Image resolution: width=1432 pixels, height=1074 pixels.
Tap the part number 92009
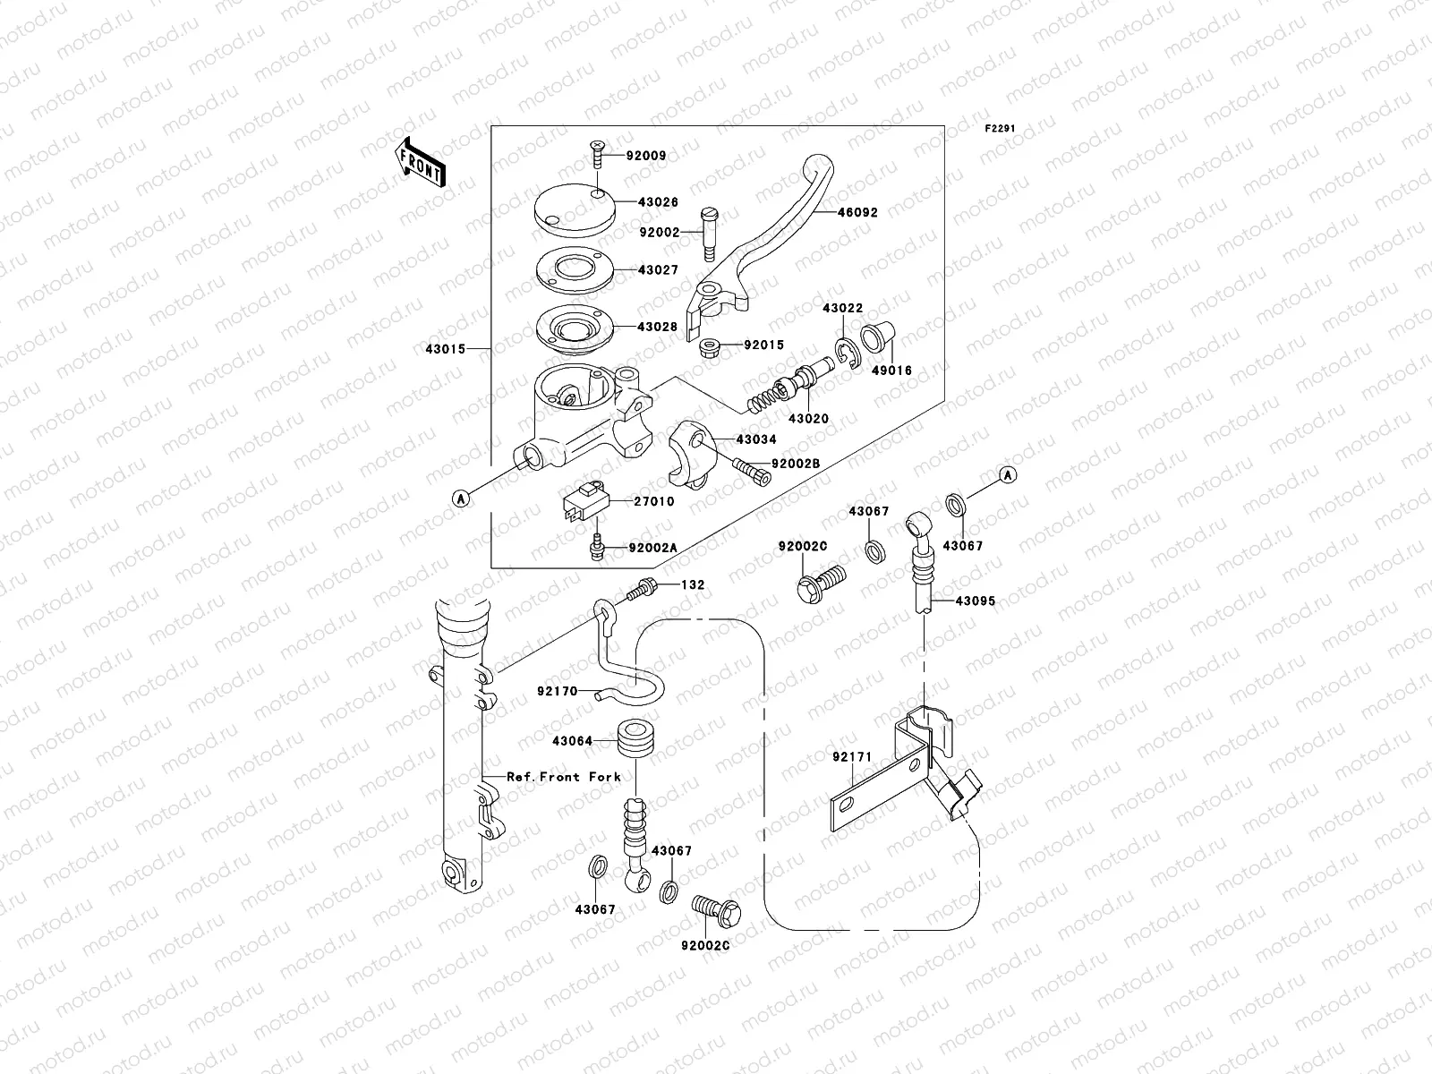pyautogui.click(x=646, y=156)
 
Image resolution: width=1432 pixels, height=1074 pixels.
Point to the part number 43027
pyautogui.click(x=658, y=270)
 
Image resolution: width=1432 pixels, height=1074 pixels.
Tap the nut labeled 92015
pyautogui.click(x=710, y=345)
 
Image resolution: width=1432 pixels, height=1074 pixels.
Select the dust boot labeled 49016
pyautogui.click(x=874, y=340)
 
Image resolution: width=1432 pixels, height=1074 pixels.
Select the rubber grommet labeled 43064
pyautogui.click(x=636, y=741)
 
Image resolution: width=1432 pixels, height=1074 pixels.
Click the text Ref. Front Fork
pyautogui.click(x=563, y=777)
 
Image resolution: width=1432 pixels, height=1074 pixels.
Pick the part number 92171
pyautogui.click(x=852, y=757)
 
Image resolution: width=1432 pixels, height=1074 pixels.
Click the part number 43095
pyautogui.click(x=975, y=601)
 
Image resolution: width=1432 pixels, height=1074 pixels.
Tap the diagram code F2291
pyautogui.click(x=1001, y=129)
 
